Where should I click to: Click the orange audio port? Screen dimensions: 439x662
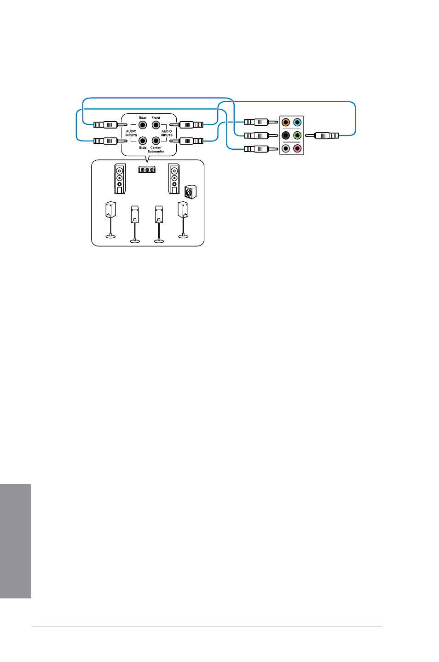[x=285, y=122]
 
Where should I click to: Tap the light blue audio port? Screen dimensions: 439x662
[x=297, y=122]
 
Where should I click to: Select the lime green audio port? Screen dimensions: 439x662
[x=297, y=135]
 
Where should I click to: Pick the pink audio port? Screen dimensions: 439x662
[x=297, y=148]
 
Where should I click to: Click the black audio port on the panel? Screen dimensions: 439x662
[x=285, y=135]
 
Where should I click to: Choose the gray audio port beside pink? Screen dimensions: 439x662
[x=285, y=148]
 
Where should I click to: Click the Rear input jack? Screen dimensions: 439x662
[x=143, y=125]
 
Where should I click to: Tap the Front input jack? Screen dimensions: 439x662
[x=156, y=125]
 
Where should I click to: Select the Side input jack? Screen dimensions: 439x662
[x=143, y=141]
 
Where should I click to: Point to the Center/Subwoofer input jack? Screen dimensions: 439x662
[x=156, y=141]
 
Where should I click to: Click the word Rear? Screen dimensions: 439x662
[x=143, y=117]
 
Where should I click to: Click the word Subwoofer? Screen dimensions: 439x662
[x=156, y=151]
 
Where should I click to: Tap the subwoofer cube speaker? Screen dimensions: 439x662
[x=191, y=192]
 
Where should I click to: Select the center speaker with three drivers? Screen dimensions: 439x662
[x=147, y=170]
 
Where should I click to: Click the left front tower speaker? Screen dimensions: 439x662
[x=120, y=179]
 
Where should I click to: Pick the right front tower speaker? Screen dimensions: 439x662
[x=174, y=179]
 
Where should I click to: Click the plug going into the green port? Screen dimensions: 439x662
[x=322, y=135]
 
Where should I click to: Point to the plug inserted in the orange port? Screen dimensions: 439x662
[x=261, y=122]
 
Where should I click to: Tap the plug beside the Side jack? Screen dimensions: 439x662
[x=110, y=141]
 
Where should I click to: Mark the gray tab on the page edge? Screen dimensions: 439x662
[x=16, y=541]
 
